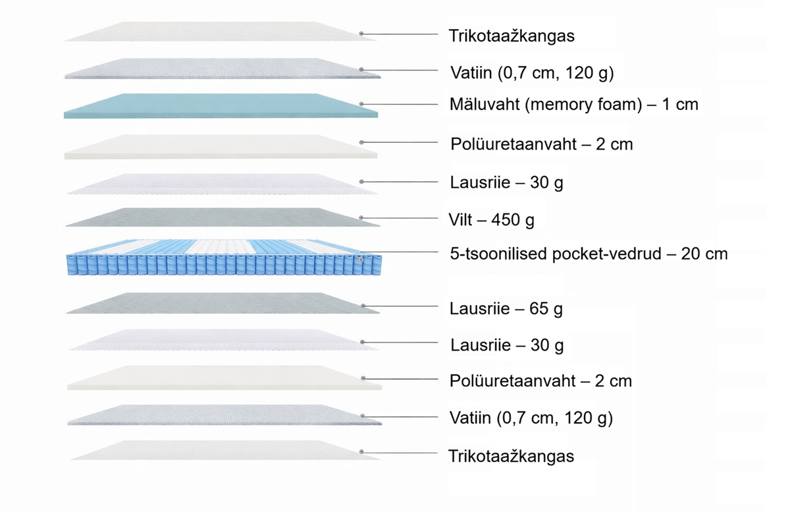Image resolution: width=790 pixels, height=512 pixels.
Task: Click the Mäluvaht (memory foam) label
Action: pyautogui.click(x=573, y=104)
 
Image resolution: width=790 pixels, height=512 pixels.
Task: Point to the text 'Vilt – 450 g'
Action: pyautogui.click(x=492, y=219)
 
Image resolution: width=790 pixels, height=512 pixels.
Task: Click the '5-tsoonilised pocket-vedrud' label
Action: pyautogui.click(x=588, y=253)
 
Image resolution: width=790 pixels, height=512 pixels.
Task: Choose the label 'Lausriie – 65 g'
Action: pyautogui.click(x=506, y=308)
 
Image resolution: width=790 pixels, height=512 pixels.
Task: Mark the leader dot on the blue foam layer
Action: pyautogui.click(x=361, y=104)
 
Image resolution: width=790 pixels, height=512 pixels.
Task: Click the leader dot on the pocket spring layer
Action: pyautogui.click(x=361, y=260)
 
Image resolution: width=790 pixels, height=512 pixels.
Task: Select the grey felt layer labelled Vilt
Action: pyautogui.click(x=221, y=217)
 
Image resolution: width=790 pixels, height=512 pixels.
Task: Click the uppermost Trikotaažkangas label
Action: pyautogui.click(x=512, y=36)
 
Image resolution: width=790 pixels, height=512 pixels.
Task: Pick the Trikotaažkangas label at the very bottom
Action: pyautogui.click(x=511, y=456)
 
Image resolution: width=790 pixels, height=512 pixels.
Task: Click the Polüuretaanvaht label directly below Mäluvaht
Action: pyautogui.click(x=541, y=144)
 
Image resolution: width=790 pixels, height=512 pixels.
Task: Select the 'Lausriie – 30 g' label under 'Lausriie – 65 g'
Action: pyautogui.click(x=507, y=345)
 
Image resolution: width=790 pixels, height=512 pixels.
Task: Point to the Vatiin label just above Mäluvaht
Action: pyautogui.click(x=531, y=72)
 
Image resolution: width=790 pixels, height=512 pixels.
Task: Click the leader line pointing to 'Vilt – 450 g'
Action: pyautogui.click(x=402, y=217)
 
